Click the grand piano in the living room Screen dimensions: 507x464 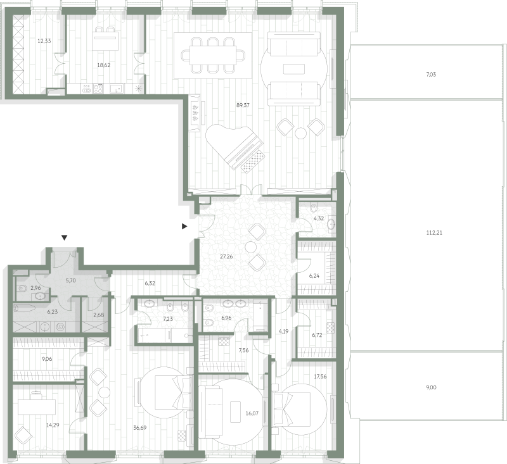235,147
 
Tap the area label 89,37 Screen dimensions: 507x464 243,105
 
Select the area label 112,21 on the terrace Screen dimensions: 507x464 434,233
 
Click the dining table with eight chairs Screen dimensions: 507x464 212,56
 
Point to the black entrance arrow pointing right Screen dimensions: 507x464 184,227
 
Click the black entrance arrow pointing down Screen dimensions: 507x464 65,238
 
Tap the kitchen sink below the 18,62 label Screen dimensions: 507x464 117,89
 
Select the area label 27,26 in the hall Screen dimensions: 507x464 226,257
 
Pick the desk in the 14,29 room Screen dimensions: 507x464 37,407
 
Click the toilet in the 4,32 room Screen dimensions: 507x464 313,206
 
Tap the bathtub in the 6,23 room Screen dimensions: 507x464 24,308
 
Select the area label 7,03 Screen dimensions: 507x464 431,75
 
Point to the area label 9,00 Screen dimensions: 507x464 431,387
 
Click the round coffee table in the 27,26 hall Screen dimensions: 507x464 250,248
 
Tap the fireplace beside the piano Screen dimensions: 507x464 196,113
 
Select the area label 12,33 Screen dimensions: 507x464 44,41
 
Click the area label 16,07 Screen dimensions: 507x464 252,413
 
